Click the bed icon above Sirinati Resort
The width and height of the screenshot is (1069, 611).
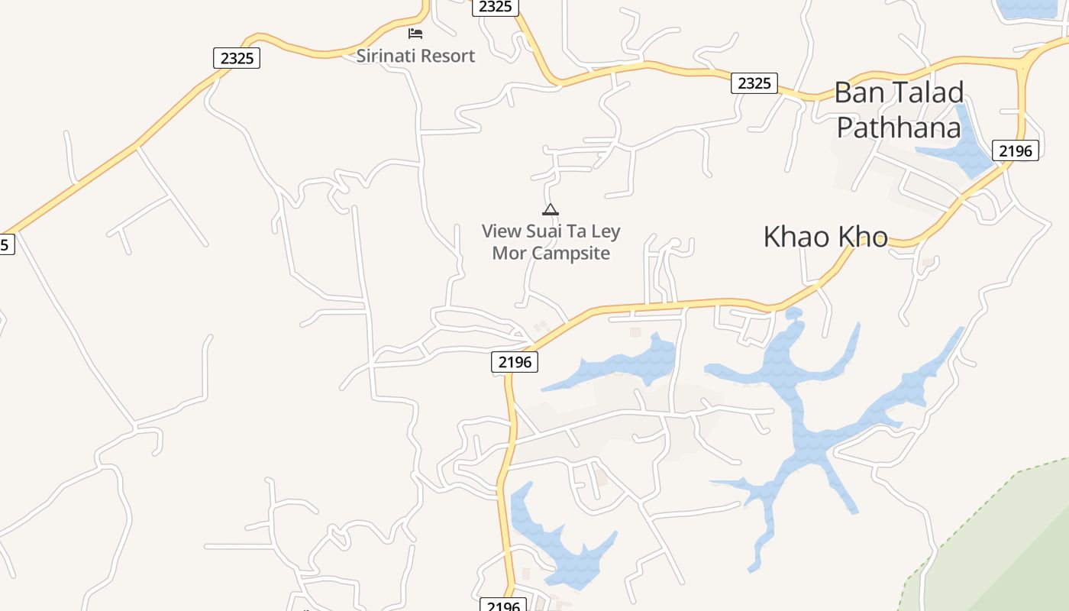click(x=415, y=33)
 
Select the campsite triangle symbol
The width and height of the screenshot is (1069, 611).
click(x=550, y=209)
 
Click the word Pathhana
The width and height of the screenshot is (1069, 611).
click(x=898, y=127)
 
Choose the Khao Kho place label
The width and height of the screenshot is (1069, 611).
click(x=825, y=237)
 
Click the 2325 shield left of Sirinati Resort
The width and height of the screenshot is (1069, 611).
click(x=237, y=58)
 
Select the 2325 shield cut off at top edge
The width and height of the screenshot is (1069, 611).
click(x=496, y=7)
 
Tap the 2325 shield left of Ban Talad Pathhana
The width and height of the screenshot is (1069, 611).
click(x=754, y=83)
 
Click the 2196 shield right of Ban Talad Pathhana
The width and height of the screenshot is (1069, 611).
click(x=1016, y=150)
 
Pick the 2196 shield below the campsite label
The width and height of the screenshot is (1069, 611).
click(x=515, y=362)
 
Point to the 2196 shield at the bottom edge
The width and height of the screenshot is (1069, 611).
click(x=503, y=605)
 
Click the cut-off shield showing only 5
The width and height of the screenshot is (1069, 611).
click(x=6, y=244)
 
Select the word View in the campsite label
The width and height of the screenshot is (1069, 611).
click(x=502, y=231)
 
